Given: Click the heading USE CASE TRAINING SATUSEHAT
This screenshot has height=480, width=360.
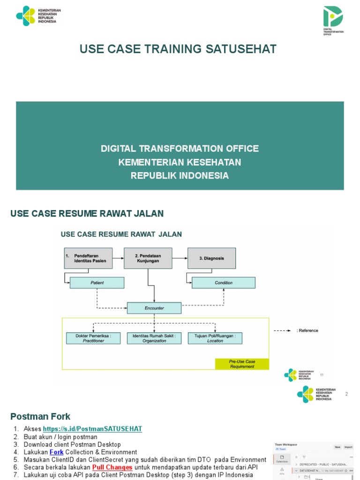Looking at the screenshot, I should coord(178,49).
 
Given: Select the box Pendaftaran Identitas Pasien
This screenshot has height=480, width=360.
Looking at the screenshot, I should coord(89,258).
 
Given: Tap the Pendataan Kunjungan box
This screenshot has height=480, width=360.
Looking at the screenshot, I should coord(148,258).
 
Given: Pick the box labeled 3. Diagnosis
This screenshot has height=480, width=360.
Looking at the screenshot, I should coord(211,258).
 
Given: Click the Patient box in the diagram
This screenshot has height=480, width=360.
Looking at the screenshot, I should coord(97,283).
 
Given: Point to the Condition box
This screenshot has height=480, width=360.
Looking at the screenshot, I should coord(224,283).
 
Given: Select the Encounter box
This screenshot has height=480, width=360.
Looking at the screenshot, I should coord(154,308).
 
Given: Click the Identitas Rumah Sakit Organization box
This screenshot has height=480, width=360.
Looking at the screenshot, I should coord(154,338).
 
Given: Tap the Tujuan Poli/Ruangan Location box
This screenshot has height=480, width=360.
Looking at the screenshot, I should coord(215,338).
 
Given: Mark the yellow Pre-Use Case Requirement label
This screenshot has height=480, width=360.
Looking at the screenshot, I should coord(242,364).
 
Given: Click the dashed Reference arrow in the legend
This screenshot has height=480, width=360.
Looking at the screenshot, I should coord(283,330).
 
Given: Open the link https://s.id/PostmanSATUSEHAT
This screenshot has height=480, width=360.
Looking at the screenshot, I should coord(92,429).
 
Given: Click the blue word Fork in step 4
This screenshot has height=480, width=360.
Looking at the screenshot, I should coord(56,452).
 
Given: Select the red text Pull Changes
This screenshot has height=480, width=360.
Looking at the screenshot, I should coord(112,468).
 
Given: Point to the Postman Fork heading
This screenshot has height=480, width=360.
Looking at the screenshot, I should coord(40,416).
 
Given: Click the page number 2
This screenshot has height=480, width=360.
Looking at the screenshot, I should coord(346,394).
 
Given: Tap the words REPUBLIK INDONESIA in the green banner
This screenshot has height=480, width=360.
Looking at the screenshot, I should coord(180,176).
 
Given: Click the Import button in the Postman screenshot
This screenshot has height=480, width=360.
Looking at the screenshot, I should coord(348,447).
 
